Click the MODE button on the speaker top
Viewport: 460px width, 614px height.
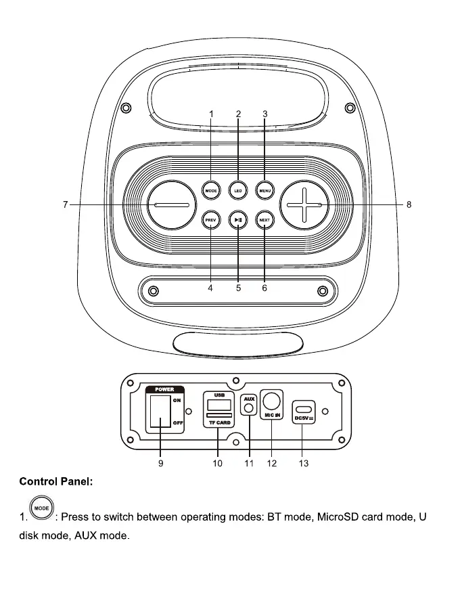[210, 190]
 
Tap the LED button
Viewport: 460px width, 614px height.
[237, 190]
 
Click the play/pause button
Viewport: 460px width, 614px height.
[237, 219]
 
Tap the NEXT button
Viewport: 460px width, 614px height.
[264, 219]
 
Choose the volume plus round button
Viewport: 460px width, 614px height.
[304, 204]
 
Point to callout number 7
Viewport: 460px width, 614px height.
[66, 204]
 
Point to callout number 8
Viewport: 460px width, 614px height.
[409, 204]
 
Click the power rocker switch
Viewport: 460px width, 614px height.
[160, 412]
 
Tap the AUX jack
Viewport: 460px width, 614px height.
[250, 408]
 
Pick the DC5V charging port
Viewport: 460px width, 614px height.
[304, 410]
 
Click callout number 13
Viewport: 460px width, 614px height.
[304, 463]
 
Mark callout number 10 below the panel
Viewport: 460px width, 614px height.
[217, 463]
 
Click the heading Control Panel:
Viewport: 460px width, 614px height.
[56, 482]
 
